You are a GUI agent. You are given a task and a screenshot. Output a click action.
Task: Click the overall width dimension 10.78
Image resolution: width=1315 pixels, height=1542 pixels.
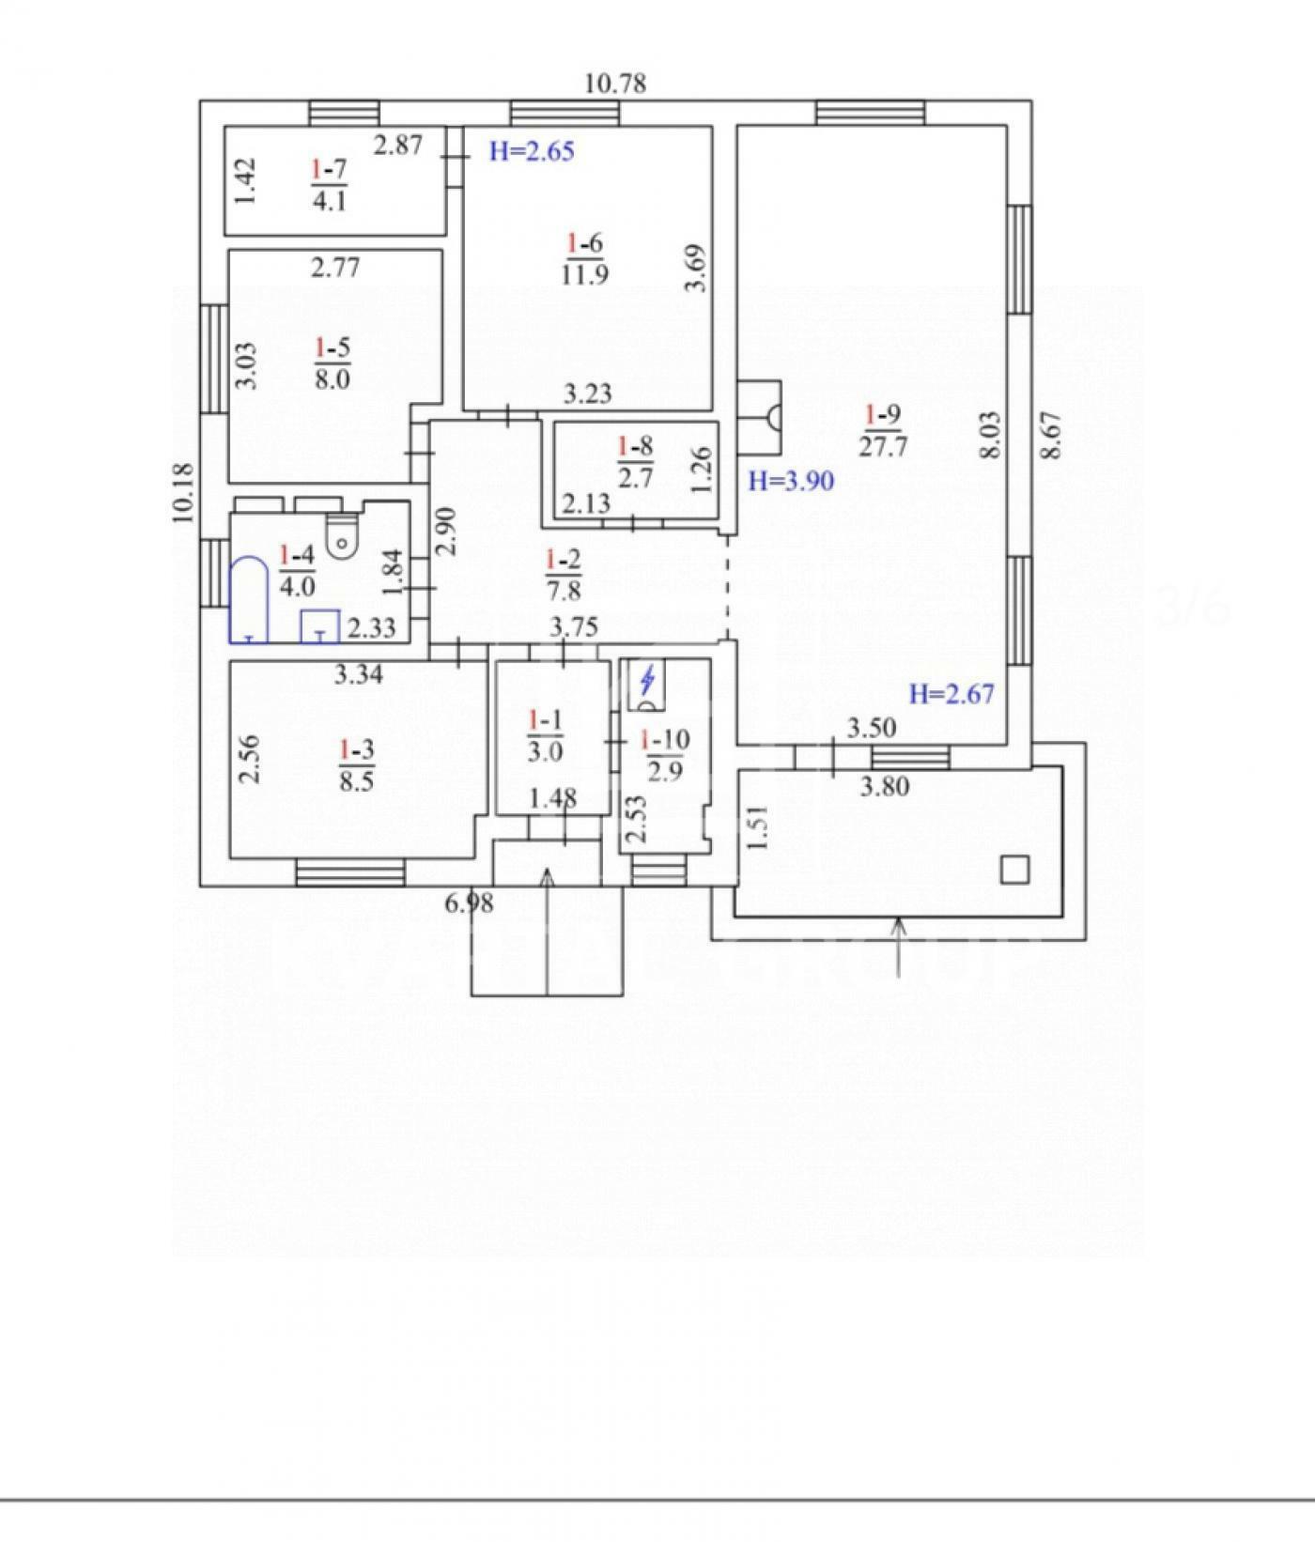point(615,84)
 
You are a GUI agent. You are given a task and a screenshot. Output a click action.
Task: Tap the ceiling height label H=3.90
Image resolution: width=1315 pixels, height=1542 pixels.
point(791,481)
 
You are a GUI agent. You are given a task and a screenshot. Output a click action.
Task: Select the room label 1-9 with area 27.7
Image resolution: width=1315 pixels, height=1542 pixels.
point(883,429)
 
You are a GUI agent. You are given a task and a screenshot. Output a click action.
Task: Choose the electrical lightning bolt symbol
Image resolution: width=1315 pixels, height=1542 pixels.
point(646,677)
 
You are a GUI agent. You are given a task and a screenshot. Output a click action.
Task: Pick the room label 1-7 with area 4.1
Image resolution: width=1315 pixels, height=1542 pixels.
point(329,184)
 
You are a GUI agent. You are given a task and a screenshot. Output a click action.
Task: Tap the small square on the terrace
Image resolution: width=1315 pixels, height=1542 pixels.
point(1014,871)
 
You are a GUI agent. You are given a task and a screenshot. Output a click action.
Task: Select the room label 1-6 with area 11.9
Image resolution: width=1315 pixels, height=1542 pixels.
point(585,259)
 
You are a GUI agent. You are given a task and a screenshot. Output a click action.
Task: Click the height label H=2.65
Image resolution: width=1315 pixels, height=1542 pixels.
point(532,151)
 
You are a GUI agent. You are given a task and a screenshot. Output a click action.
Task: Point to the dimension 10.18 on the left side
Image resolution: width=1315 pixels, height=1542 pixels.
point(183,493)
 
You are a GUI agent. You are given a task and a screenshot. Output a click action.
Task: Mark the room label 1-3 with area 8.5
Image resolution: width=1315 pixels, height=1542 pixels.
point(357,764)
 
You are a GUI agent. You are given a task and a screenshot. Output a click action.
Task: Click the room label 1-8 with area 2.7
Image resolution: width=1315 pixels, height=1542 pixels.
point(636,461)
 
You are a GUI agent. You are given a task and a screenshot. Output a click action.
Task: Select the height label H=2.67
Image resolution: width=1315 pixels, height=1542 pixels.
point(951,694)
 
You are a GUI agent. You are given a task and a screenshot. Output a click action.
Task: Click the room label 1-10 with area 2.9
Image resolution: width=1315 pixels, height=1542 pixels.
point(665,755)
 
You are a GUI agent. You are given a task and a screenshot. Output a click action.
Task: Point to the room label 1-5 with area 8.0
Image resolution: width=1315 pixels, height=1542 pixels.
point(333,363)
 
